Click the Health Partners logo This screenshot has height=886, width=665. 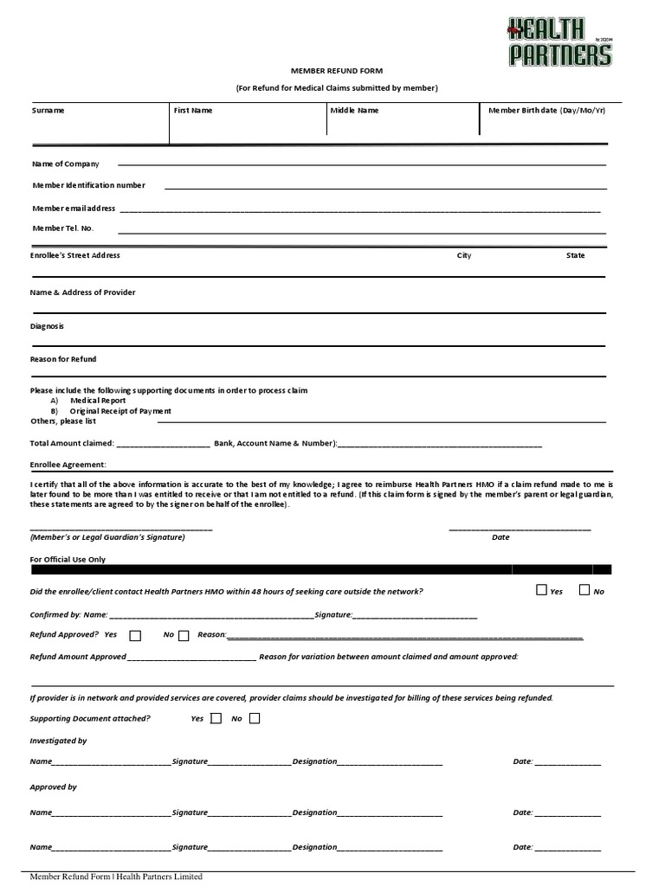pos(558,42)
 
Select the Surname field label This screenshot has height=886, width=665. pos(48,111)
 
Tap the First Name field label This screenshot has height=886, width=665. pos(193,111)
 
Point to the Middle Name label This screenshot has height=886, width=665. pos(354,111)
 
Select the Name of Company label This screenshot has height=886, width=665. pos(66,164)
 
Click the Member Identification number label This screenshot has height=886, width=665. pos(89,185)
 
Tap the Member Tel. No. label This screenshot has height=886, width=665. pos(63,228)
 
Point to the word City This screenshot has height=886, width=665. pos(464,256)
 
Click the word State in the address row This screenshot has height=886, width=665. pos(576,256)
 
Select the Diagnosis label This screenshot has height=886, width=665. pos(47,326)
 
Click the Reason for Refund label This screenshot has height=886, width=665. pos(63,359)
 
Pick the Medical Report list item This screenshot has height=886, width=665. pos(98,401)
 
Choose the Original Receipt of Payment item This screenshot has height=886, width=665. pos(120,411)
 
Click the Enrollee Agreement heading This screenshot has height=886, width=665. pos(68,465)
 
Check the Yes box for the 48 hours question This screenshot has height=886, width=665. pos(542,590)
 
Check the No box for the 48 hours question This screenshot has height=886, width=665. pos(584,590)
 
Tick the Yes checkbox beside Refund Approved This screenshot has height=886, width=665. pos(135,636)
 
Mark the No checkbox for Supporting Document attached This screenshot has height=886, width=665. pos(254,718)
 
